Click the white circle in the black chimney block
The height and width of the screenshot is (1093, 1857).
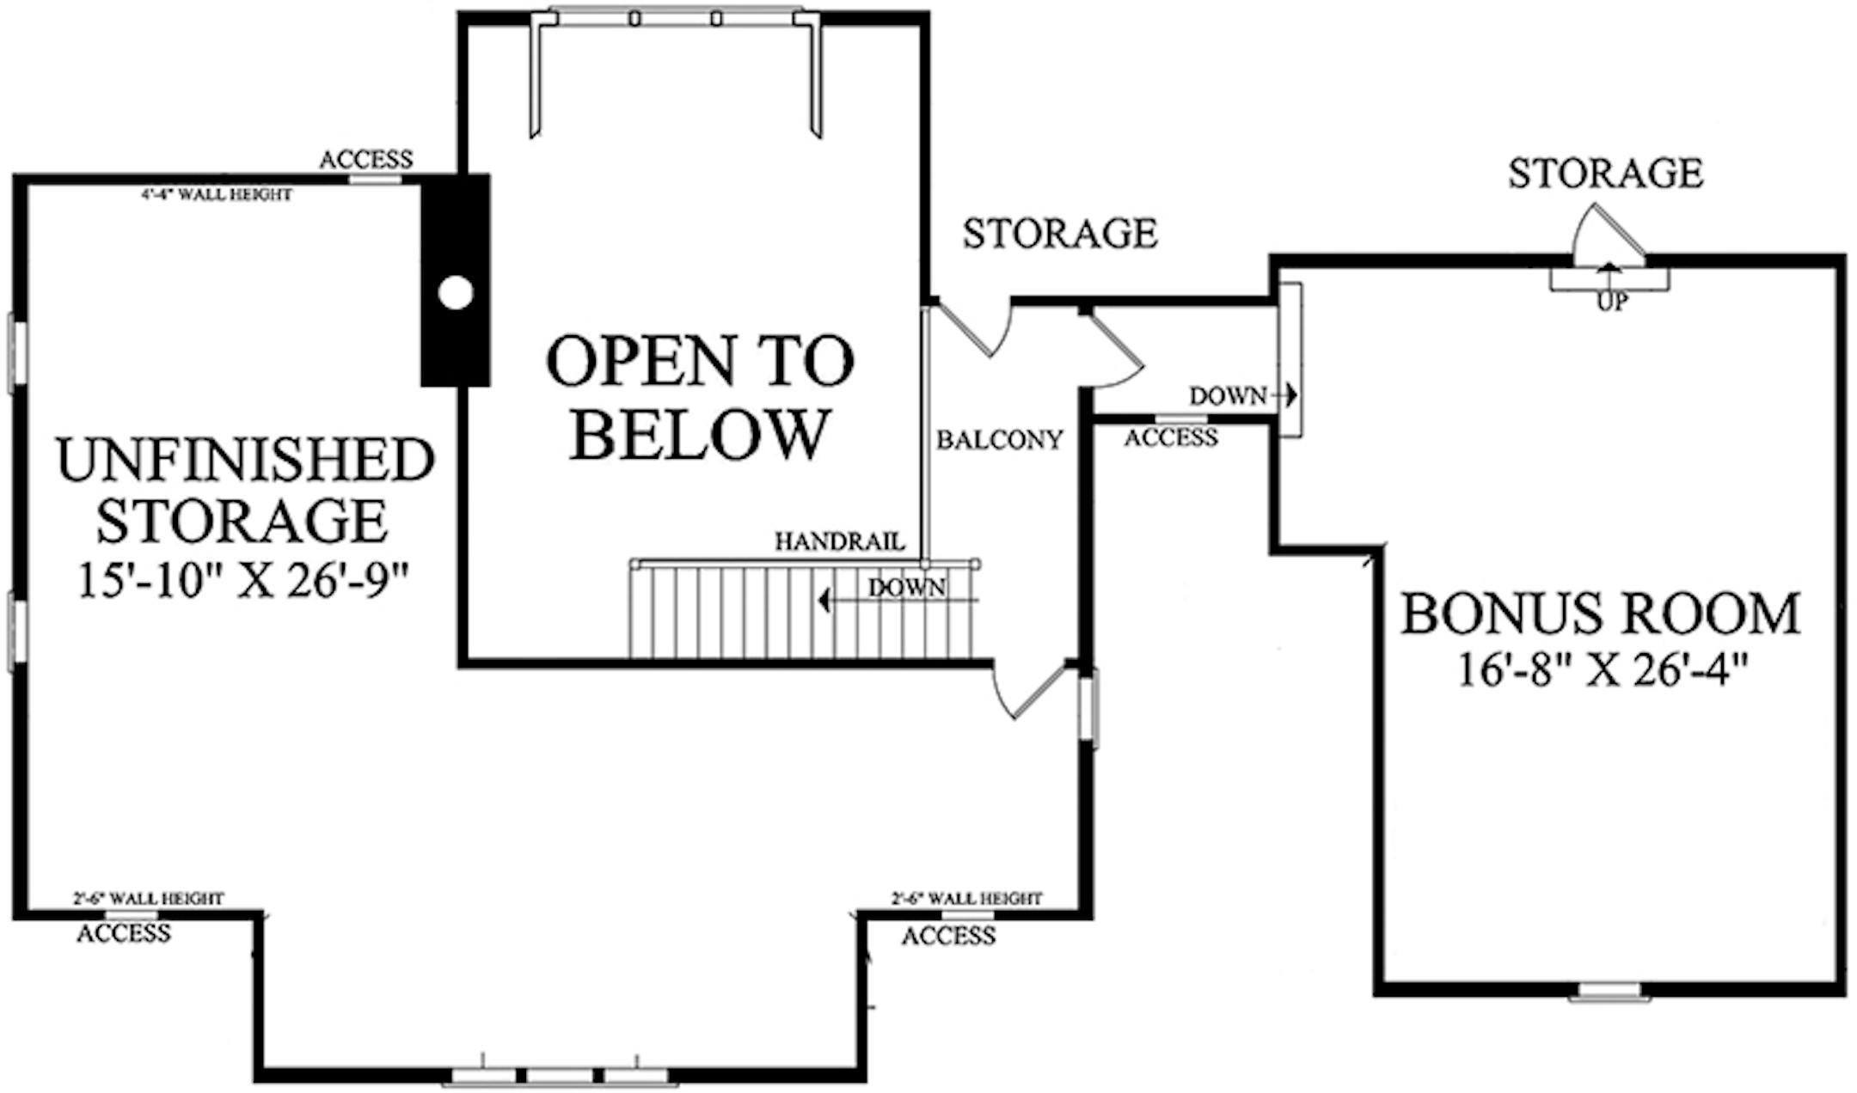(x=455, y=293)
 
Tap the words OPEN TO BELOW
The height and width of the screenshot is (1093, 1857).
(x=700, y=397)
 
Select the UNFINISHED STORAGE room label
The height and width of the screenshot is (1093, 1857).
(x=245, y=490)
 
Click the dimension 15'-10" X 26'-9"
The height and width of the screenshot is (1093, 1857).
(x=242, y=581)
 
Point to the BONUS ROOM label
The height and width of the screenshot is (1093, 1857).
(x=1601, y=614)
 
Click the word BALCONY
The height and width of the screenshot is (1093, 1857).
(x=999, y=440)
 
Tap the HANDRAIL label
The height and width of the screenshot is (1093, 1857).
(x=840, y=541)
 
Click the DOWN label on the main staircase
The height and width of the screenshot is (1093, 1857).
(x=906, y=588)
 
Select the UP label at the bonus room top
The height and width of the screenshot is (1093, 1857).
(x=1612, y=302)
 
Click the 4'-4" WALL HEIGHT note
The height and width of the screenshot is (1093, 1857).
(x=217, y=195)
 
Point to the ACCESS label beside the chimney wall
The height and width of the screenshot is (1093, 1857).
(x=366, y=160)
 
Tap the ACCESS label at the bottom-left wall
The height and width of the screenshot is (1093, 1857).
(x=124, y=933)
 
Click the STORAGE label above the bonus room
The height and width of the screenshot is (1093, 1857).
(x=1605, y=174)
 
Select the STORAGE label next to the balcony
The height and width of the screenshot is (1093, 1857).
(x=1060, y=234)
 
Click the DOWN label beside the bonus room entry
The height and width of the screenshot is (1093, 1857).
(x=1228, y=396)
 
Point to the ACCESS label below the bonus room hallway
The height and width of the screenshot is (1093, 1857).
(x=1171, y=438)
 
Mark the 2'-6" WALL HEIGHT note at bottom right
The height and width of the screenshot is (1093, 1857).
(x=966, y=899)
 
